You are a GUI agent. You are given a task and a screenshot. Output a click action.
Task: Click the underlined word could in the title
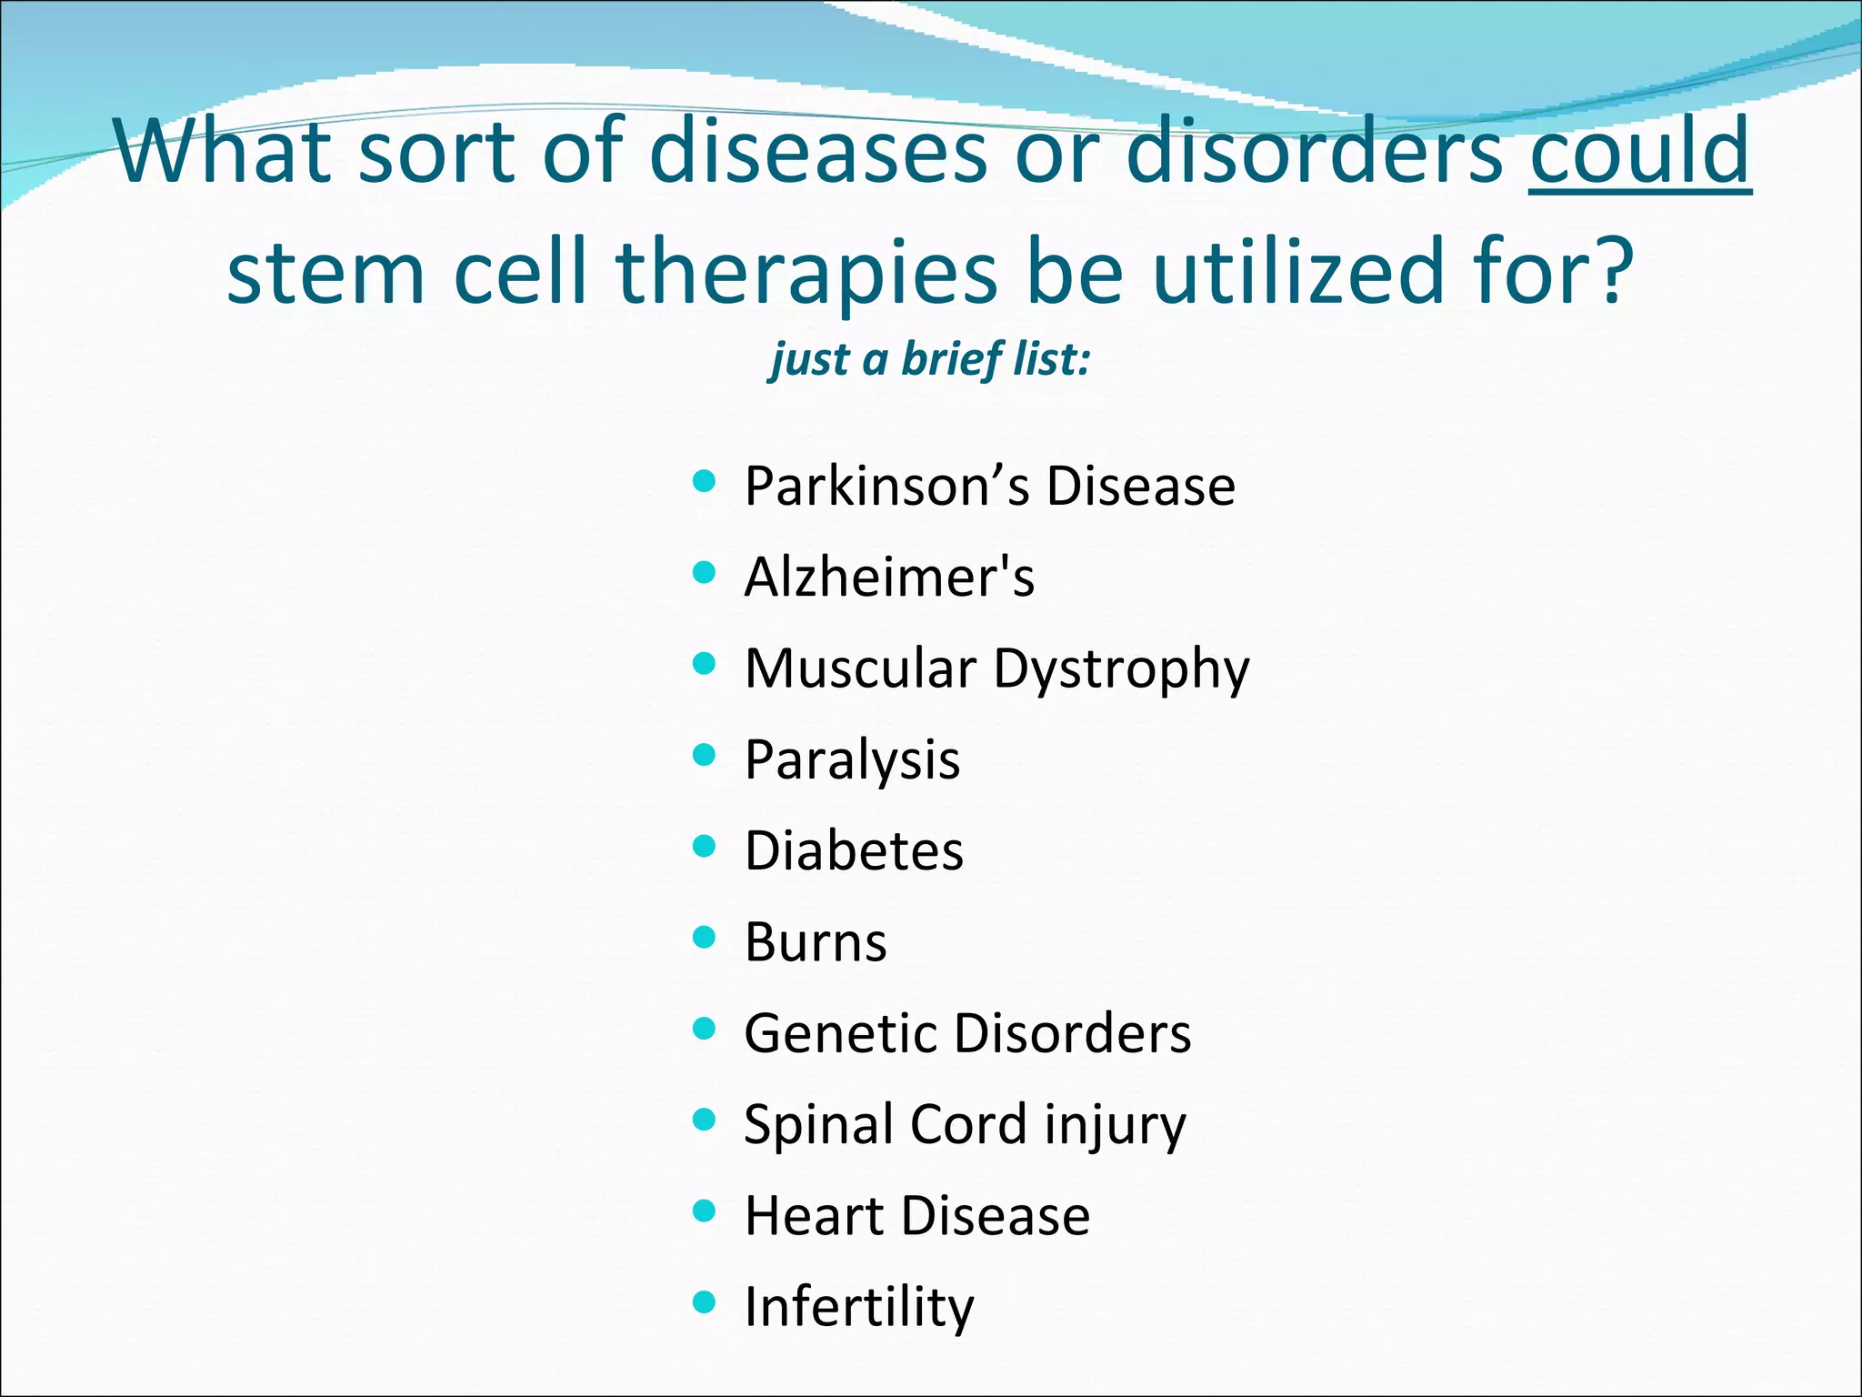pos(1639,151)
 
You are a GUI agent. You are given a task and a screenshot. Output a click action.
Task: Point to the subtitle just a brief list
pos(929,359)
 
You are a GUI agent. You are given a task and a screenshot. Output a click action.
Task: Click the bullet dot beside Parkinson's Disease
pos(704,480)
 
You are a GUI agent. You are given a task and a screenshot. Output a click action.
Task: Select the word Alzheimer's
pos(889,578)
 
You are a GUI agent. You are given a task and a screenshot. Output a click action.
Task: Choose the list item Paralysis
pos(852,760)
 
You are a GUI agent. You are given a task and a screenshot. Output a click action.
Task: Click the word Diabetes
pos(854,851)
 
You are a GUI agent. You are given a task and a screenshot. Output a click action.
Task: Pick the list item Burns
pos(816,942)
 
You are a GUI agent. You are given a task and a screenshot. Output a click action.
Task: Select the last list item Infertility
pos(858,1307)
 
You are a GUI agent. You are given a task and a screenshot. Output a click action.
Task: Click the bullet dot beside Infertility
pos(704,1302)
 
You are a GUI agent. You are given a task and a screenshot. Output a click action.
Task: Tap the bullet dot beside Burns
pos(704,937)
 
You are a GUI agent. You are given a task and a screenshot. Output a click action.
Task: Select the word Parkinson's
pos(886,487)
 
